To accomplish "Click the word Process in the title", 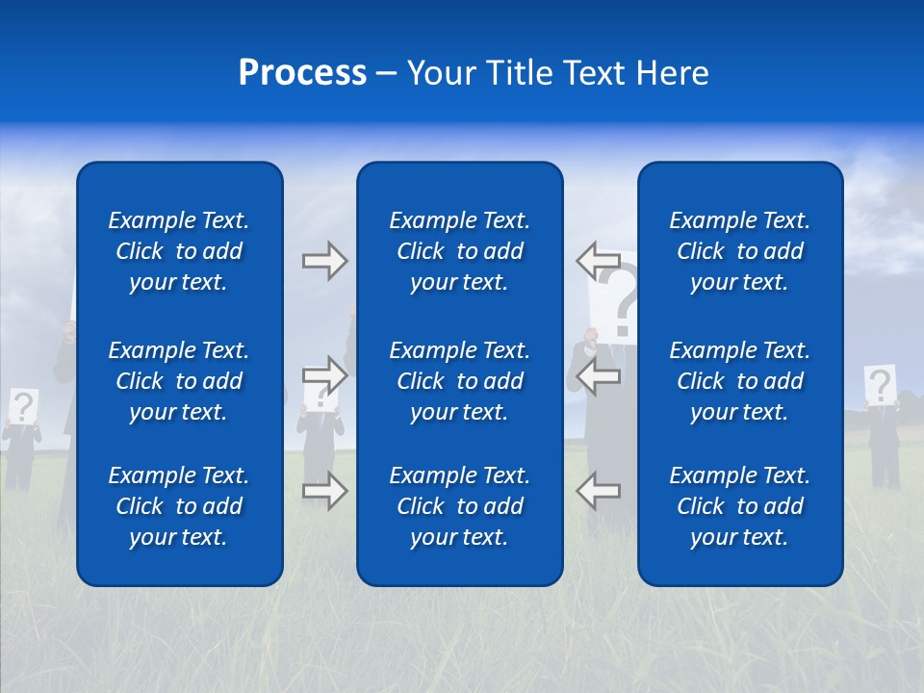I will click(x=302, y=73).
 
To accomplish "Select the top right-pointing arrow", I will click(x=324, y=261).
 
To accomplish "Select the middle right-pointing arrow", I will click(x=324, y=374).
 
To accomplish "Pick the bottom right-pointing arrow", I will click(x=324, y=491).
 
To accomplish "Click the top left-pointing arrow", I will click(x=598, y=260).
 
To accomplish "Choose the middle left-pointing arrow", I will click(x=598, y=376).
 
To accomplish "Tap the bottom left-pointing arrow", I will click(x=598, y=491).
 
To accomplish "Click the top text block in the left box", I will click(x=179, y=251).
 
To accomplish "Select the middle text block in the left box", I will click(x=179, y=381).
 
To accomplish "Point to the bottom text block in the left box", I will click(x=179, y=506).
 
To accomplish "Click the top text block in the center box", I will click(x=460, y=251).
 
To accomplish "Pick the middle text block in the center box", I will click(x=460, y=381).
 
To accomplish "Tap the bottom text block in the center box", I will click(x=460, y=506).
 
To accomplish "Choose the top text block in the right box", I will click(x=740, y=251).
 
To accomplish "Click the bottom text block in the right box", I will click(x=740, y=506).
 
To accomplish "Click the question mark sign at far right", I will click(x=880, y=386).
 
